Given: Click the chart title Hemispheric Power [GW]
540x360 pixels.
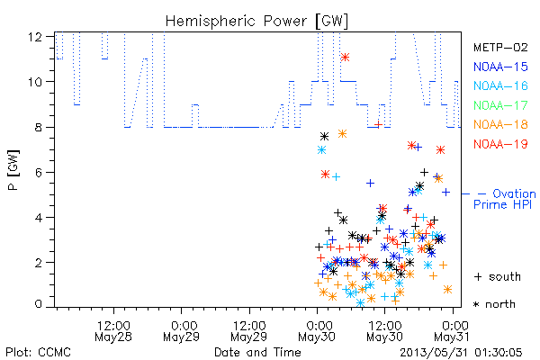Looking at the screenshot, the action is (x=256, y=22).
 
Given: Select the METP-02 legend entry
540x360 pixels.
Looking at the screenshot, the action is (x=500, y=47).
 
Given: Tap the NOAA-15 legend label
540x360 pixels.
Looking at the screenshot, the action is (x=500, y=67).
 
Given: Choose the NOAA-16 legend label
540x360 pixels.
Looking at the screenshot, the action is (x=500, y=85).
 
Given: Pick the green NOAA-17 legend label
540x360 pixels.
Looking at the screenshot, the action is (x=500, y=105).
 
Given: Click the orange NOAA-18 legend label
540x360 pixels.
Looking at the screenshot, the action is (x=500, y=124).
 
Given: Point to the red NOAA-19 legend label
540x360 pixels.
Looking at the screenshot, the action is (x=500, y=144).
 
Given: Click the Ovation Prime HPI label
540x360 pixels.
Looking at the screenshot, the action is (x=505, y=199).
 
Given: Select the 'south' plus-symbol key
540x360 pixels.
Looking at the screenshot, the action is (x=498, y=276).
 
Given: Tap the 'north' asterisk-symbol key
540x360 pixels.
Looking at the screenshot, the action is (x=494, y=304).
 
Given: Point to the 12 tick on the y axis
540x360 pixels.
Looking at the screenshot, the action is (x=35, y=37).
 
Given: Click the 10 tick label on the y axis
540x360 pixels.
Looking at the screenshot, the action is (x=35, y=82).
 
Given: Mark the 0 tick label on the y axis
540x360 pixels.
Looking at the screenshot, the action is (x=39, y=304).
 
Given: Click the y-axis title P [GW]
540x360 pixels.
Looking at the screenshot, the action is (x=13, y=170).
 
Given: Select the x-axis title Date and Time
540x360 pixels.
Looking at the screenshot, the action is (x=257, y=352).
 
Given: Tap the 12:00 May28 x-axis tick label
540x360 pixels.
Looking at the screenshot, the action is (x=113, y=331).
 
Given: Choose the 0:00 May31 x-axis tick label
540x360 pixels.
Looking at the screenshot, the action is (x=452, y=331).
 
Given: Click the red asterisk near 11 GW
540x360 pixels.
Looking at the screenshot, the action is (x=345, y=58).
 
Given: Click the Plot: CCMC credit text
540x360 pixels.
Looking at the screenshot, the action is (x=38, y=352).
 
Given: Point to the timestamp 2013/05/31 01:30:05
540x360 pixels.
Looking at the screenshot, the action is (x=461, y=353).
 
